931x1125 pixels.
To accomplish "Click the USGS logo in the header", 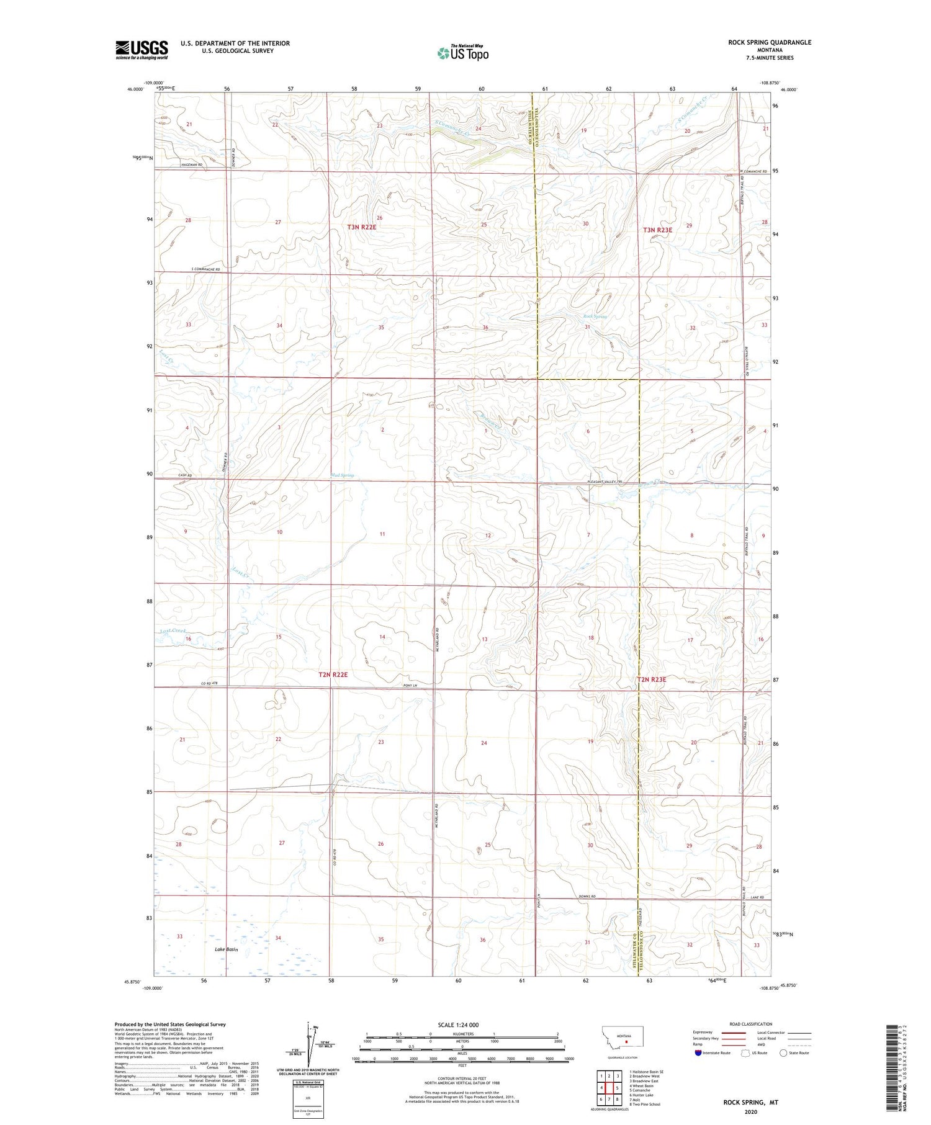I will (142, 50).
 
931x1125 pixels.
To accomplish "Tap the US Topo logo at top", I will (463, 53).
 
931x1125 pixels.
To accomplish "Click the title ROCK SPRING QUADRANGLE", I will (770, 42).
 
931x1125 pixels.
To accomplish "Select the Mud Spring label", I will (343, 475).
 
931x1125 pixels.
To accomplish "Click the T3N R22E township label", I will (362, 227).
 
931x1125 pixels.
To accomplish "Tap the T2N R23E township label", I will (652, 679).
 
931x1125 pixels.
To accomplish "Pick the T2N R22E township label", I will (333, 674).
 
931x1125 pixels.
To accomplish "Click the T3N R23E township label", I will (657, 230).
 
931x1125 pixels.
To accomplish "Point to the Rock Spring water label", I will (595, 316).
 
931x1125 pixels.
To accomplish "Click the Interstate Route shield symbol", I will (698, 1053).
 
